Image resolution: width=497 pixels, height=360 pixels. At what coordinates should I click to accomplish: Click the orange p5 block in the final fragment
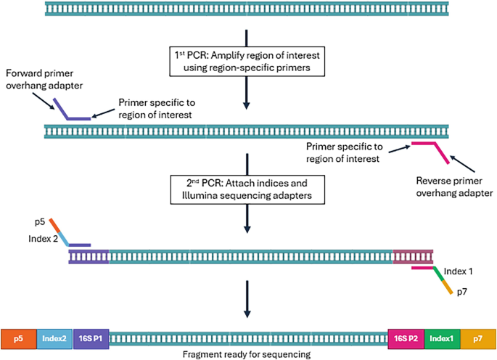(x=18, y=338)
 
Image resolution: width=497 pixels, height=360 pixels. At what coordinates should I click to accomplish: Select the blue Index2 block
(x=54, y=338)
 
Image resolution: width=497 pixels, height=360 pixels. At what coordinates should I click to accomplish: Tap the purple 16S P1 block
(x=91, y=338)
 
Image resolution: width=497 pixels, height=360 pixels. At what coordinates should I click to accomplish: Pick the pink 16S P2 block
(x=406, y=338)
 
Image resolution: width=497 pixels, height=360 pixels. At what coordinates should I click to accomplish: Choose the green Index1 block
(x=441, y=338)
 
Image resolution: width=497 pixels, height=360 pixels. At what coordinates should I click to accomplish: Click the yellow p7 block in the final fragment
(x=477, y=338)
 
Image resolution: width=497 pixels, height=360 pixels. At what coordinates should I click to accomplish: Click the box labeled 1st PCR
(x=248, y=62)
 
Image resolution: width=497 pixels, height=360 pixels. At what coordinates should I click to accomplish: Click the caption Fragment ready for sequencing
(x=248, y=354)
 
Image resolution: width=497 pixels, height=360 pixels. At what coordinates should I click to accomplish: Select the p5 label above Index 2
(x=39, y=218)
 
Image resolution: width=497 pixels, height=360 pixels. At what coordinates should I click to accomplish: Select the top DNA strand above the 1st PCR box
(x=248, y=9)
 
